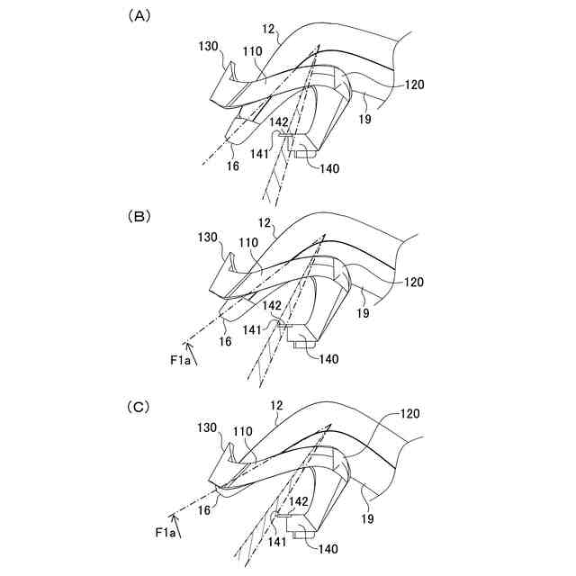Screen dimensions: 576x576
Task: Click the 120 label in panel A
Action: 415,85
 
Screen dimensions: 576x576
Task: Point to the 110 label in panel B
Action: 249,243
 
